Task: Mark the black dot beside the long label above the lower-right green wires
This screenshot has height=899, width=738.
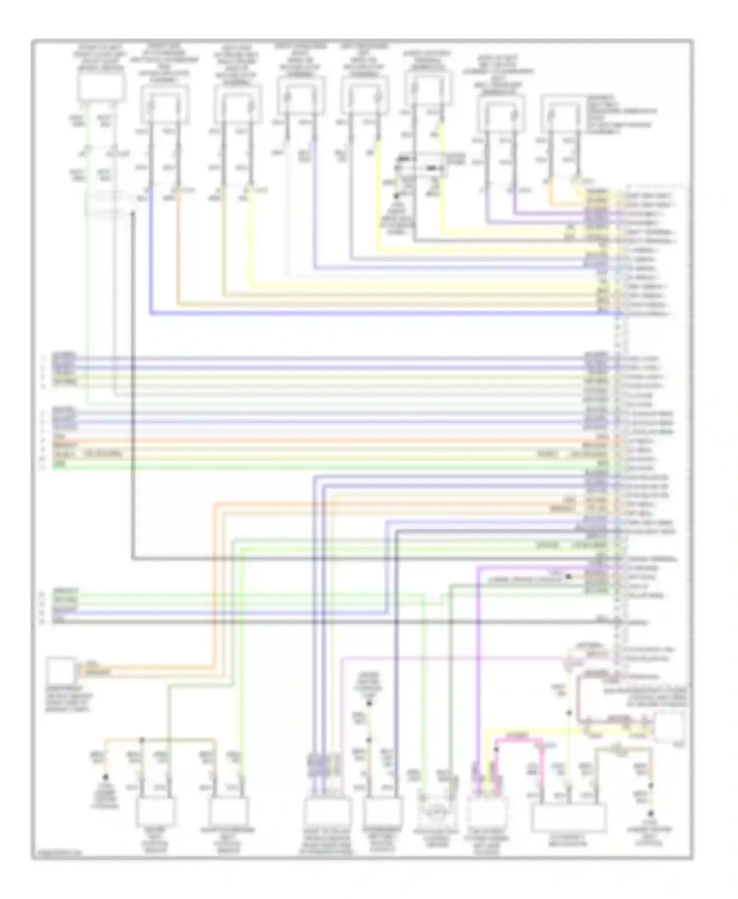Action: point(568,576)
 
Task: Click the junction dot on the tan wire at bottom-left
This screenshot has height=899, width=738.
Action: point(142,739)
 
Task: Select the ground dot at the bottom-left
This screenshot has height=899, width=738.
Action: point(105,778)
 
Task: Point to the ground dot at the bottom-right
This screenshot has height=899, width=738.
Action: point(650,813)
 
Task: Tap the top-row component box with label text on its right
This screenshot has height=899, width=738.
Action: point(564,113)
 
